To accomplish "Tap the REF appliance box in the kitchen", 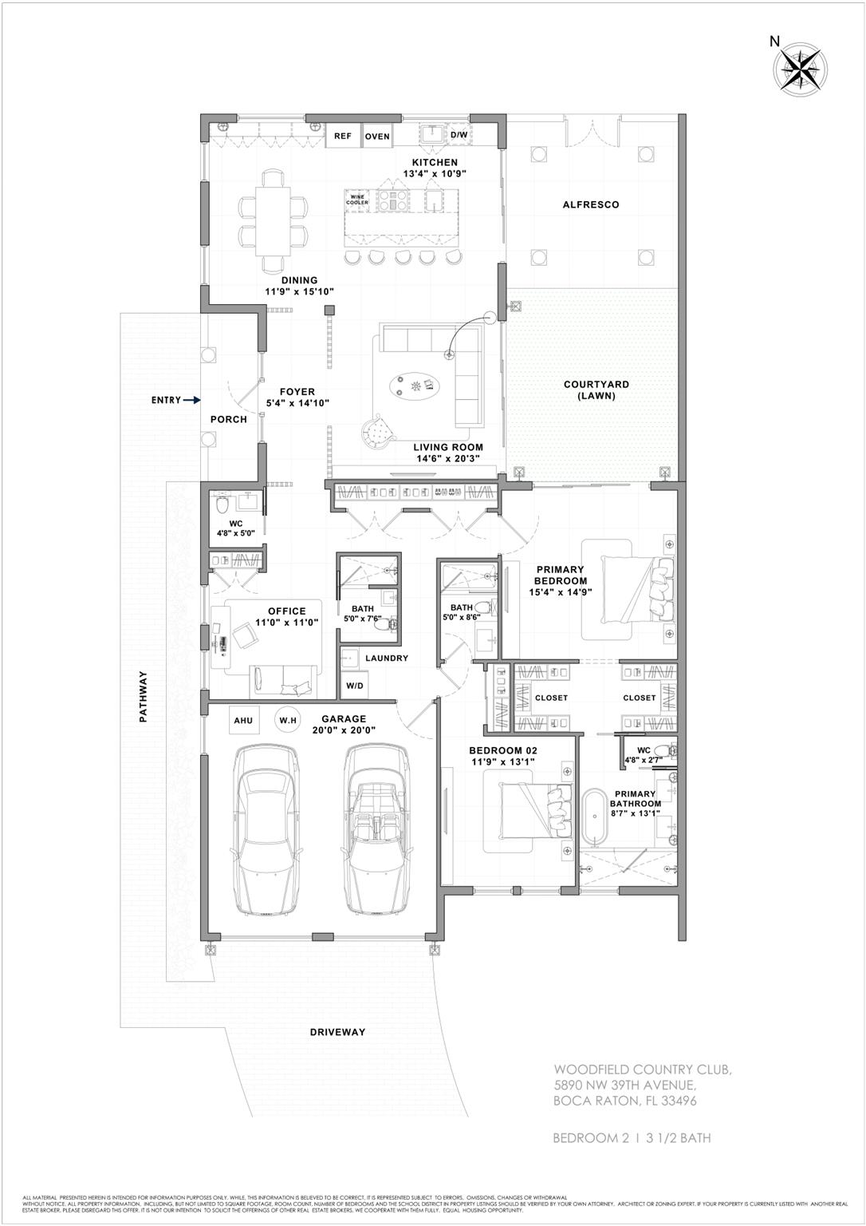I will point(342,136).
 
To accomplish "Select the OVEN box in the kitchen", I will point(377,136).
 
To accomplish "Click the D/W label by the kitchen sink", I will point(459,136).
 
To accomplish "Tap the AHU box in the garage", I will point(243,721).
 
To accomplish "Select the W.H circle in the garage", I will point(287,721).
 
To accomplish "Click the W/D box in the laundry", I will point(354,686).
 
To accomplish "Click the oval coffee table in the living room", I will point(415,387).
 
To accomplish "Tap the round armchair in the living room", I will point(380,431).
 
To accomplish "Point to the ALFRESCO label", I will point(590,205).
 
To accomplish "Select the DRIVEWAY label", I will point(337,1032).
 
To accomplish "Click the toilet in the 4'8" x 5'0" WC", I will point(222,505).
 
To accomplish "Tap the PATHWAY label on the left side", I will point(144,696).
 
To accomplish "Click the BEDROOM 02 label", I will point(502,750).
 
